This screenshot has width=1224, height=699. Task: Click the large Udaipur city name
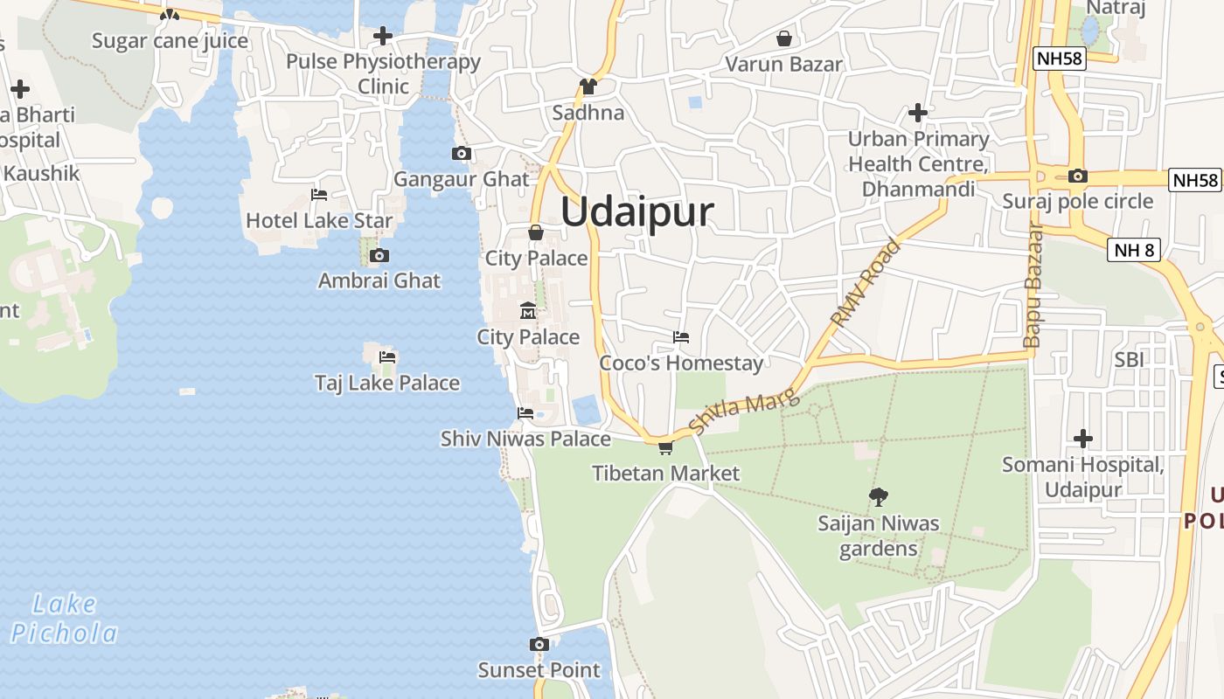637,212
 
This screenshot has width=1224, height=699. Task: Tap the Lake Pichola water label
65,618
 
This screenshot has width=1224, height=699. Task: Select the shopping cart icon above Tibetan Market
665,448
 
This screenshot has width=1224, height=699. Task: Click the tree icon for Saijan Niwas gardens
878,497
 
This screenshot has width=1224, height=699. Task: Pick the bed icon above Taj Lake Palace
387,356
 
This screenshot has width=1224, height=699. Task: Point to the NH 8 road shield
1135,251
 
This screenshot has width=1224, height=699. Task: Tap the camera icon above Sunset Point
539,645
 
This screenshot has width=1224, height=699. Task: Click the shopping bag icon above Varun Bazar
783,38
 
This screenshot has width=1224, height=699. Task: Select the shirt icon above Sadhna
588,87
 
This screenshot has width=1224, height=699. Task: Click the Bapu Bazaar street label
1034,286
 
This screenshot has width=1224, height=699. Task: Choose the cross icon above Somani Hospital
1082,439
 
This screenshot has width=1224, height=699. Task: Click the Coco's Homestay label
681,363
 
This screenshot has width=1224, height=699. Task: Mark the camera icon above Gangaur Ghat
461,154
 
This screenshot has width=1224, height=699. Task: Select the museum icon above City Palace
528,311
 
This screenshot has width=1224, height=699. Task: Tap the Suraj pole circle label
1078,202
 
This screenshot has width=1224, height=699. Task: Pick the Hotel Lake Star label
319,220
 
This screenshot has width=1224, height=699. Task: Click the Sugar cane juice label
170,41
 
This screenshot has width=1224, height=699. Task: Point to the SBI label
1129,359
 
